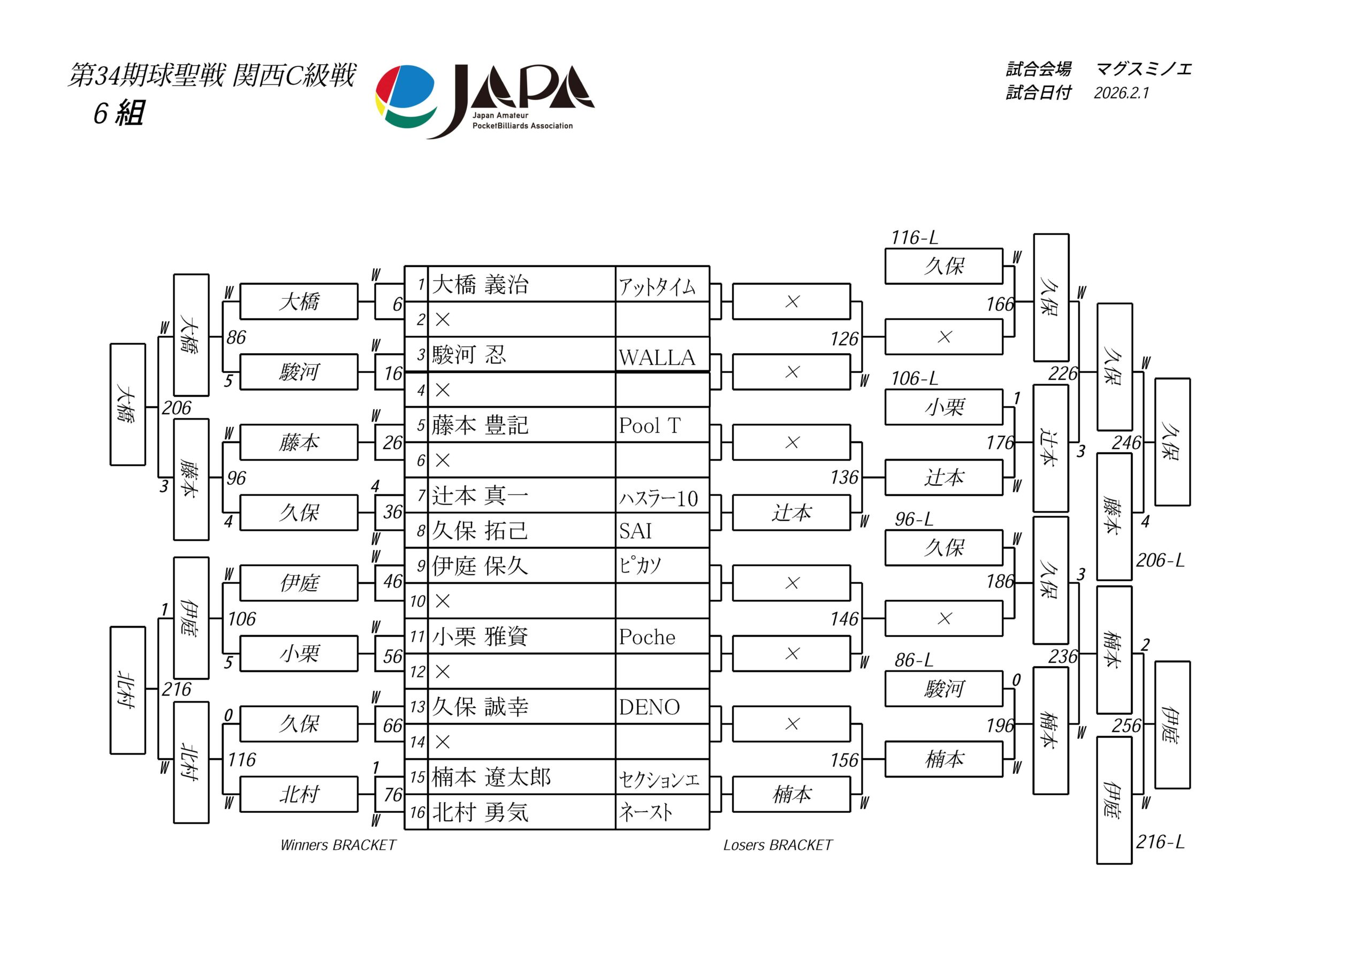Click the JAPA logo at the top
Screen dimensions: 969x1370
pos(484,100)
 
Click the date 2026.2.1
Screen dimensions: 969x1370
pos(1121,93)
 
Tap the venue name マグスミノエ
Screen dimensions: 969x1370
pos(1144,69)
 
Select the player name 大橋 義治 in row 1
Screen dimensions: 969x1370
pos(481,285)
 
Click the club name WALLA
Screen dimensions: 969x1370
pos(657,357)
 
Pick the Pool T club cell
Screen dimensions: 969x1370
pos(650,425)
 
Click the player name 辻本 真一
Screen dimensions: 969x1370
pos(481,496)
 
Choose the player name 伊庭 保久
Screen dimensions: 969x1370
pos(481,566)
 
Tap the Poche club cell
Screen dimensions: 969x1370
pos(648,637)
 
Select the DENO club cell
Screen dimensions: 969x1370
pos(649,707)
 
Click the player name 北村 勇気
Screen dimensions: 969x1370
pos(481,812)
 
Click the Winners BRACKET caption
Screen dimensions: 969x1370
pos(338,845)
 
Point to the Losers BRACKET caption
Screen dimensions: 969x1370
pos(778,845)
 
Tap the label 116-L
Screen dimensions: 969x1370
pos(914,238)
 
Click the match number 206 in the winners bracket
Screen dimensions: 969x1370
pos(177,408)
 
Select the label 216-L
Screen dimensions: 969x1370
pos(1160,842)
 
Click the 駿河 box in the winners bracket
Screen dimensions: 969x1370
pos(299,372)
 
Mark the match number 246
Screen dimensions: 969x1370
pos(1126,442)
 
